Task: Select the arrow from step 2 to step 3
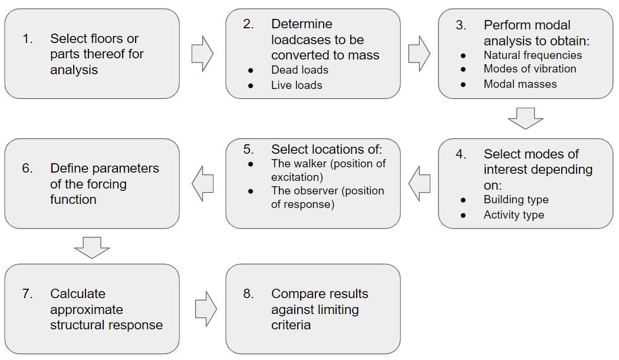tap(419, 54)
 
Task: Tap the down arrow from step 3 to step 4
tap(525, 118)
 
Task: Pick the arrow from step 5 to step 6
tap(202, 183)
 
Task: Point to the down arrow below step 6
tap(92, 247)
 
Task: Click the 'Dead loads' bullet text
tap(299, 70)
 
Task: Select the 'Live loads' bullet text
tap(297, 85)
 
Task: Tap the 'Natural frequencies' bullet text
tap(532, 55)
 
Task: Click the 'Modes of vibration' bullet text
tap(530, 69)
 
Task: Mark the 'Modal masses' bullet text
tap(520, 84)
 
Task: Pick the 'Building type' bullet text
tap(516, 200)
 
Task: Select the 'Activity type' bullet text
tap(513, 215)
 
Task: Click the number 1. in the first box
tap(28, 39)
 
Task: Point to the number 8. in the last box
tap(248, 294)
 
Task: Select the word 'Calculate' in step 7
tap(78, 294)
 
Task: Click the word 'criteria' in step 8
tap(291, 325)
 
